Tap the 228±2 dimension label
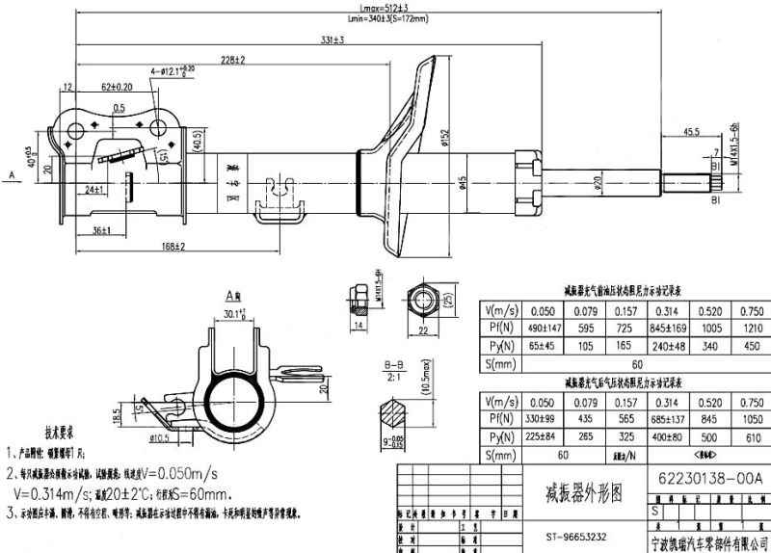pyautogui.click(x=231, y=60)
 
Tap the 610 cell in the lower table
pyautogui.click(x=749, y=438)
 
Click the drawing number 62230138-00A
pyautogui.click(x=709, y=477)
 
